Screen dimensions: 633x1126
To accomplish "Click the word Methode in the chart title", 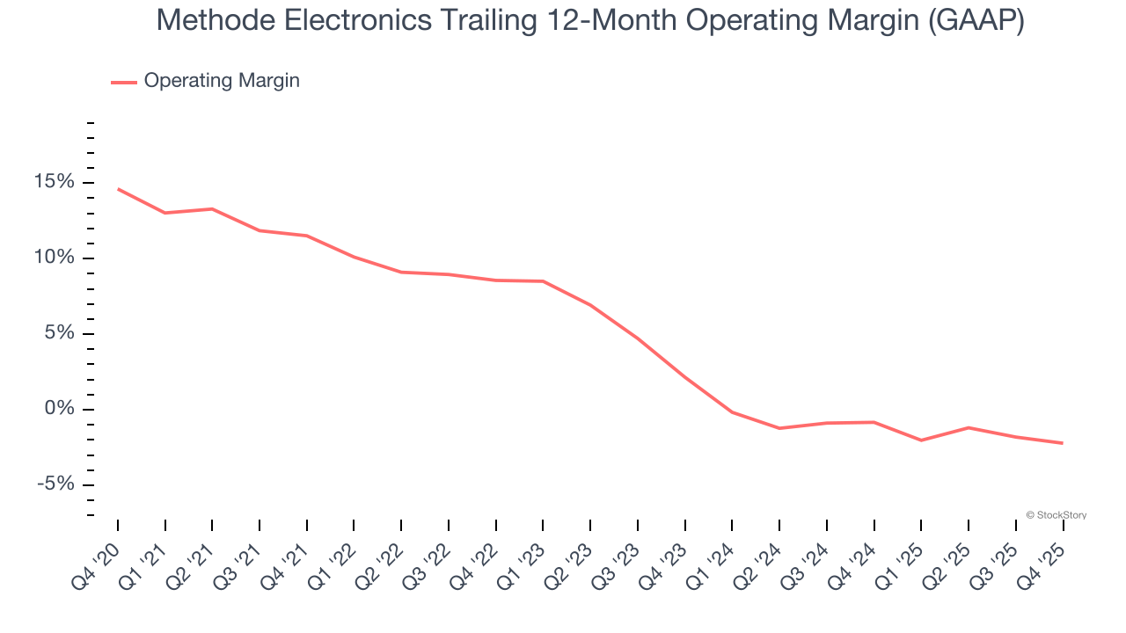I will pos(211,21).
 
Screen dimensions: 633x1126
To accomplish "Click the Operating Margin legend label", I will pos(222,81).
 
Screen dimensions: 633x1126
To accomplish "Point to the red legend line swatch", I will pos(123,82).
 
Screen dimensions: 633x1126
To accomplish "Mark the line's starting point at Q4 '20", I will pos(118,189).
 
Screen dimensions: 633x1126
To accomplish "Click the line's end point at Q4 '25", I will pos(1063,443).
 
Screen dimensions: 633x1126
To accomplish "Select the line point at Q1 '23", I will pos(543,281).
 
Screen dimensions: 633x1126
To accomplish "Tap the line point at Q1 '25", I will pos(921,440).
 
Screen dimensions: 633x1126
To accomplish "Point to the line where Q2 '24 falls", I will pos(779,428).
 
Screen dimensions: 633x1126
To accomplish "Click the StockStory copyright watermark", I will pos(1057,515).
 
